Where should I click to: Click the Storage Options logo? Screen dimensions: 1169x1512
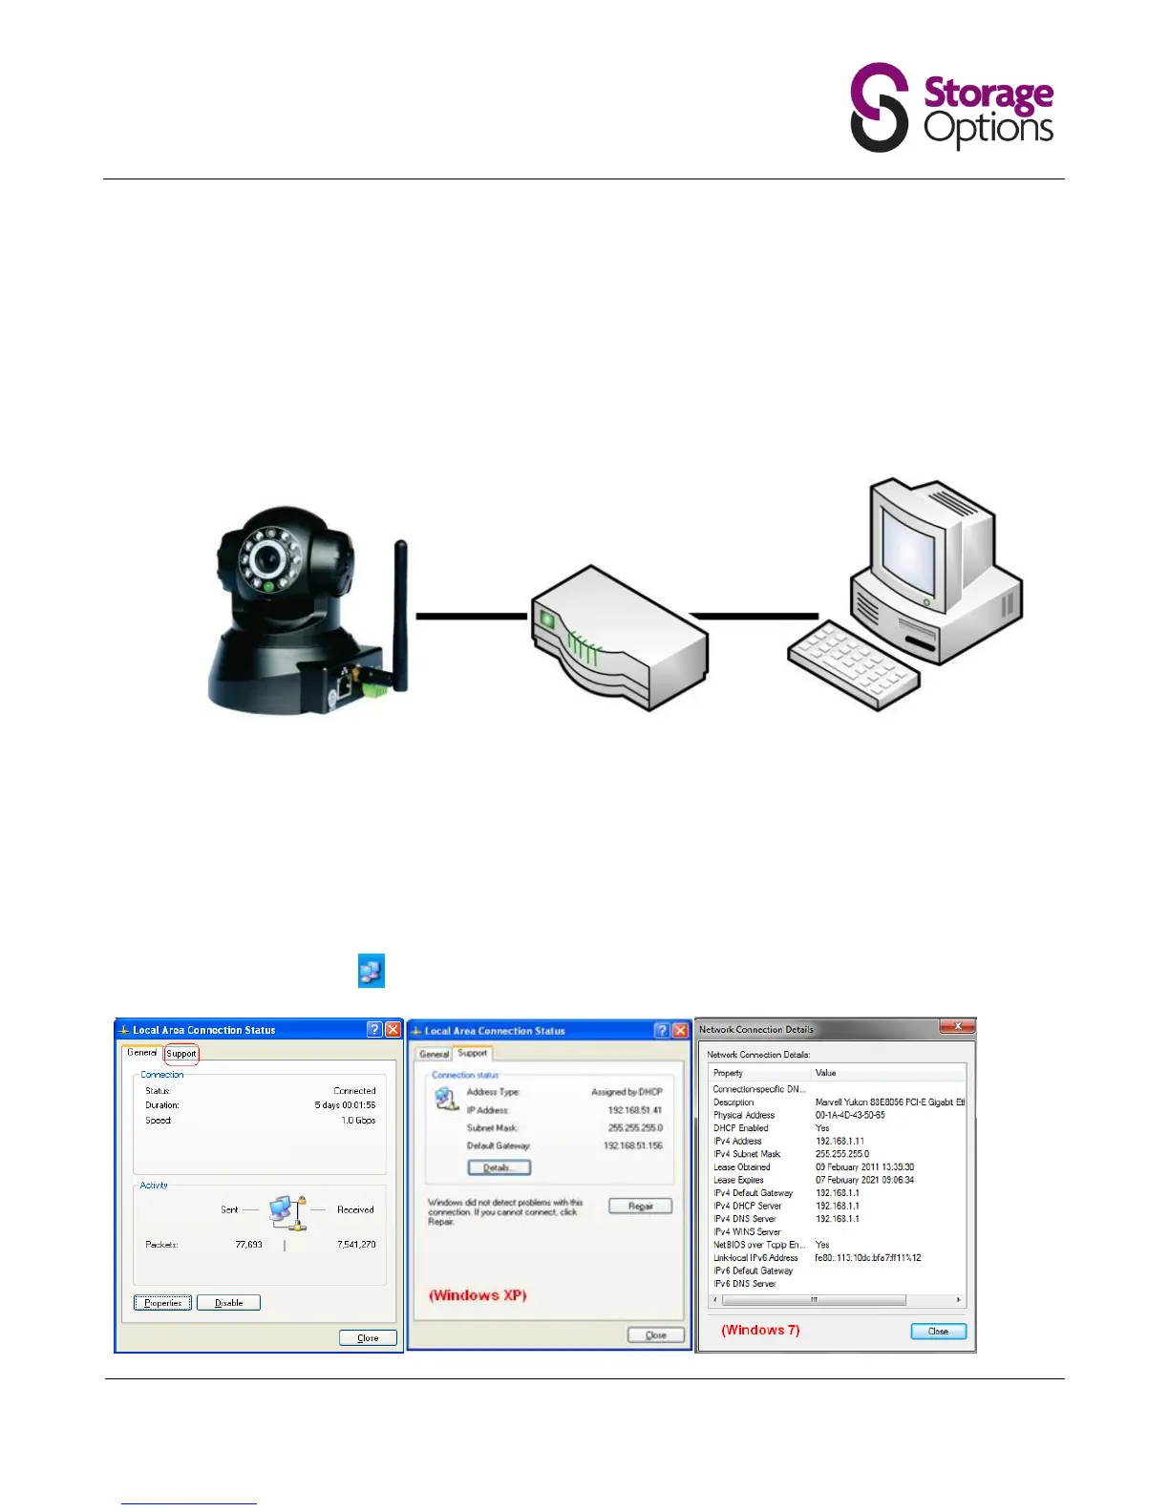tap(951, 107)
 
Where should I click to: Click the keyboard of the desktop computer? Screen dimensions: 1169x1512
tap(853, 663)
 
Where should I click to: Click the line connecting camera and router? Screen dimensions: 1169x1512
tap(471, 616)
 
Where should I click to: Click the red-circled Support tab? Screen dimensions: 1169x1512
tap(181, 1054)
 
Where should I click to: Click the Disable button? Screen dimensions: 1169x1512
tap(228, 1302)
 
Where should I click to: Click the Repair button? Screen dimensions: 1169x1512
tap(640, 1206)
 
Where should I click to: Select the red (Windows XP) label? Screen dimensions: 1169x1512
tap(478, 1295)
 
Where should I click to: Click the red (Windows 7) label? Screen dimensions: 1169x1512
tap(760, 1330)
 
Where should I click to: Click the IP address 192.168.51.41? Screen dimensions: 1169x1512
tap(634, 1110)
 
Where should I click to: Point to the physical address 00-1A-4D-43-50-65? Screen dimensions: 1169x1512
tap(850, 1115)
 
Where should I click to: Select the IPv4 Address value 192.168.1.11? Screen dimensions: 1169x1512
tap(840, 1141)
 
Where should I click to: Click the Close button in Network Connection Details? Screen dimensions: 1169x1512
tap(938, 1331)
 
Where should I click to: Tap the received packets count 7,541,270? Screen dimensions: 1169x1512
tap(356, 1245)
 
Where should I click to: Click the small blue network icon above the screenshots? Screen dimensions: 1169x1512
tap(371, 971)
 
